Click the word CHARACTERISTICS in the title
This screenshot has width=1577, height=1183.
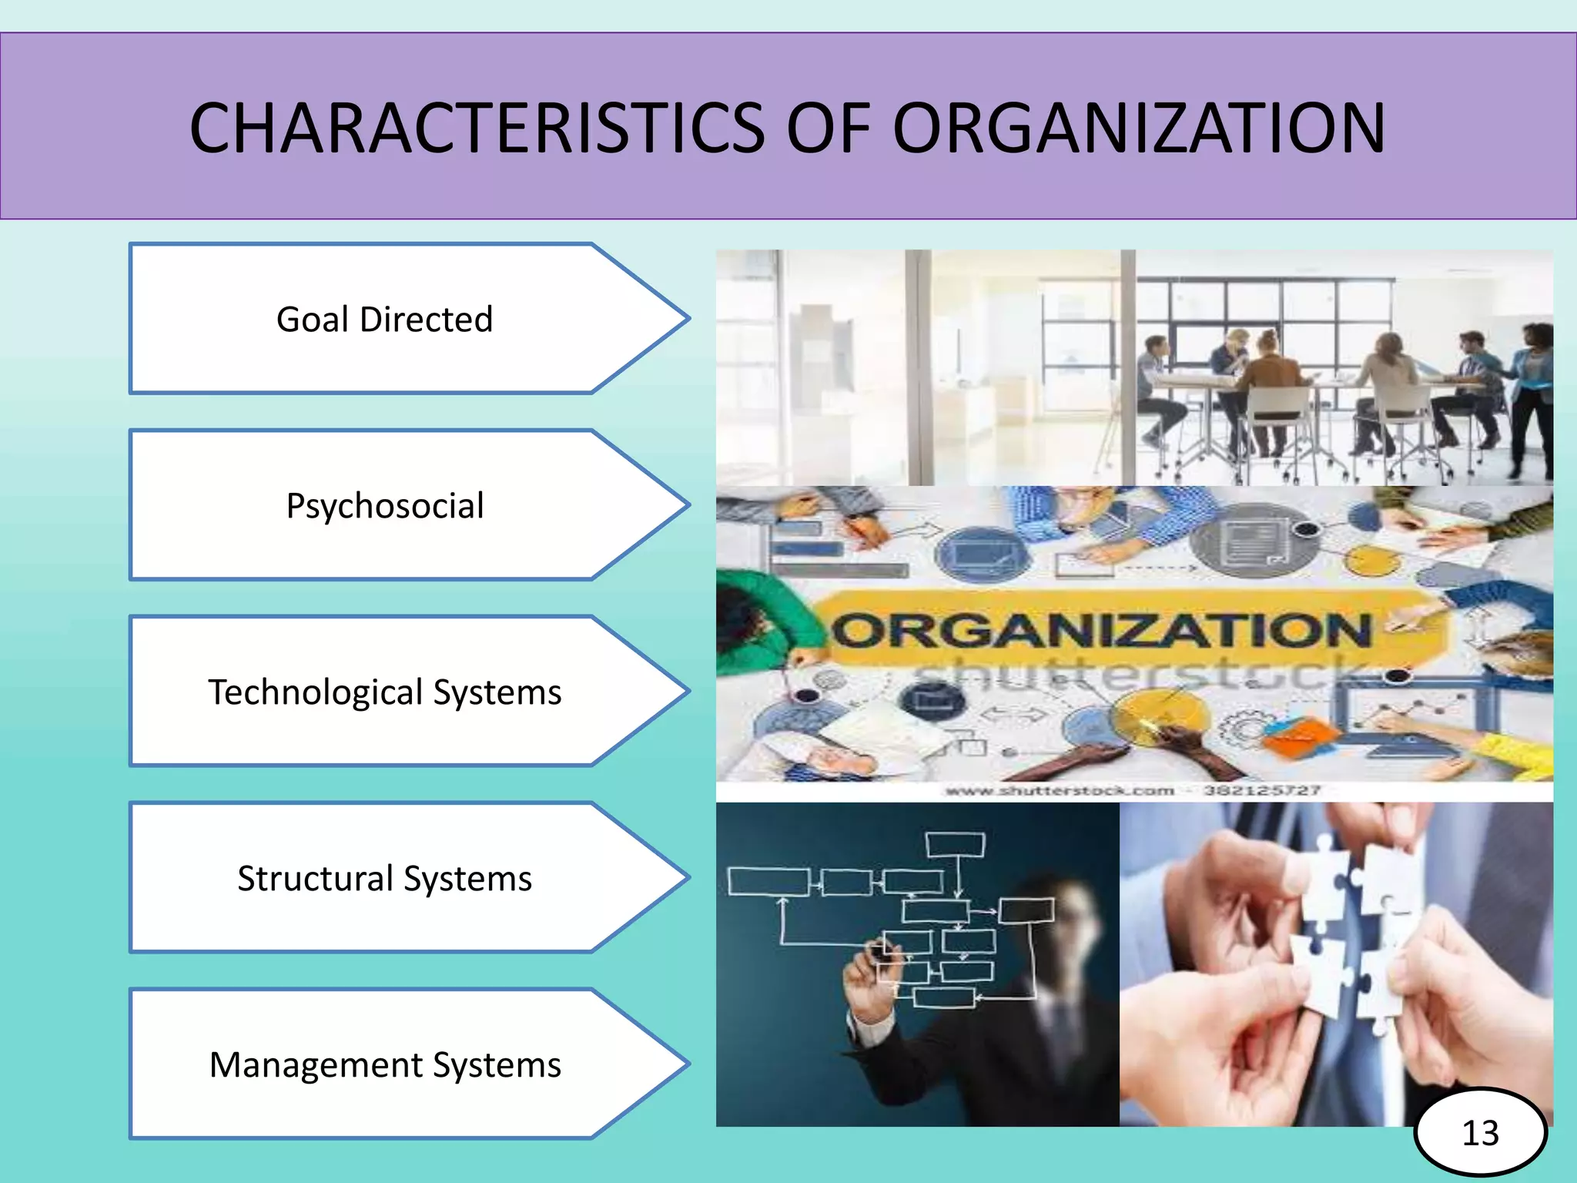(x=477, y=128)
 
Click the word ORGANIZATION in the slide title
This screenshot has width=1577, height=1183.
(x=1139, y=128)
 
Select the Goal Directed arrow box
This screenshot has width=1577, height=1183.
(x=385, y=319)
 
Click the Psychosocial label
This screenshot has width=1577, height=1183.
(x=385, y=506)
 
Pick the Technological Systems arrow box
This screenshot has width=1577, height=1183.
(x=385, y=692)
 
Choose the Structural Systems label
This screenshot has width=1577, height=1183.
(x=385, y=878)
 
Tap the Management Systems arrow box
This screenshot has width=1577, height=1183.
(x=385, y=1064)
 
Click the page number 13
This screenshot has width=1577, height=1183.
(x=1480, y=1133)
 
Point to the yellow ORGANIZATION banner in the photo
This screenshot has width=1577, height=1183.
(x=1101, y=630)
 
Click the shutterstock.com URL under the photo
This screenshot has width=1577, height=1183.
(x=1060, y=791)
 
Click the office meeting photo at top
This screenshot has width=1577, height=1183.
(x=1133, y=367)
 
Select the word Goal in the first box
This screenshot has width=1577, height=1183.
(x=313, y=319)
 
